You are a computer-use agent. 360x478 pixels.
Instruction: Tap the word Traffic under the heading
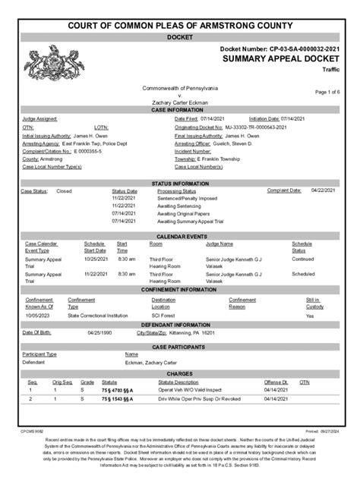point(331,69)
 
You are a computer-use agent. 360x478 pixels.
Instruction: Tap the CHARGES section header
point(180,373)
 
